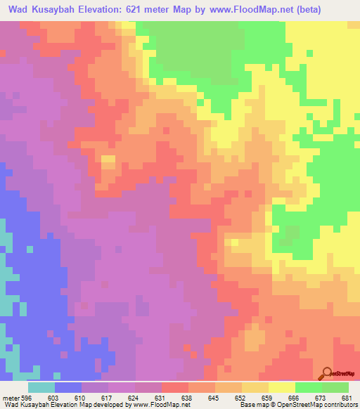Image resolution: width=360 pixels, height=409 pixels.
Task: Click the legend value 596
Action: click(x=26, y=397)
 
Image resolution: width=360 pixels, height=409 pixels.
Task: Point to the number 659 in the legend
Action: click(x=268, y=397)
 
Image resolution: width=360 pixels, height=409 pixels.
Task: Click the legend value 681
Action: click(x=347, y=397)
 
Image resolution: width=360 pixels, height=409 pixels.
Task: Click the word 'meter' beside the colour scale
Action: click(x=10, y=397)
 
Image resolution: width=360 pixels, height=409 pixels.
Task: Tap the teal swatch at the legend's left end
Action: click(x=41, y=387)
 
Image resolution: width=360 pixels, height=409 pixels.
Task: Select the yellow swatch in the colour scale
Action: click(x=281, y=387)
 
